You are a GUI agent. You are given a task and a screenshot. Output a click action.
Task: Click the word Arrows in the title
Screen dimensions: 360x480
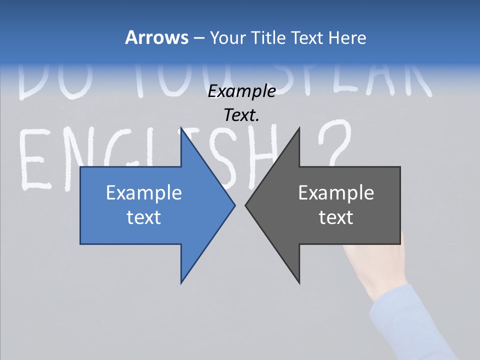pyautogui.click(x=156, y=37)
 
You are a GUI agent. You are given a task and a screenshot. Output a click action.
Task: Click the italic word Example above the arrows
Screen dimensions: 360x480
pyautogui.click(x=241, y=91)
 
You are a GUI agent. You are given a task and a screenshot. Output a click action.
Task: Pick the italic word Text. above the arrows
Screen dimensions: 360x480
pyautogui.click(x=241, y=115)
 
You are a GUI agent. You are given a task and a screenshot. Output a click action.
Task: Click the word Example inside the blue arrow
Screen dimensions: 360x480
pyautogui.click(x=144, y=192)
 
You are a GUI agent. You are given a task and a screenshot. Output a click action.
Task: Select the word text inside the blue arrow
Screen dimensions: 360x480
pyautogui.click(x=144, y=217)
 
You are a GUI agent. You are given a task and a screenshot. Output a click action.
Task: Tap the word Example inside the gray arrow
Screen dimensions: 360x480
pyautogui.click(x=336, y=192)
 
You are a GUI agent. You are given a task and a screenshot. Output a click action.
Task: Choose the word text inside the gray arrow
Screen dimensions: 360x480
pyautogui.click(x=336, y=217)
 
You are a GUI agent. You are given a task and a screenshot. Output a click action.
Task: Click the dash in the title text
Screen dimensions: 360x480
pyautogui.click(x=198, y=38)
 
